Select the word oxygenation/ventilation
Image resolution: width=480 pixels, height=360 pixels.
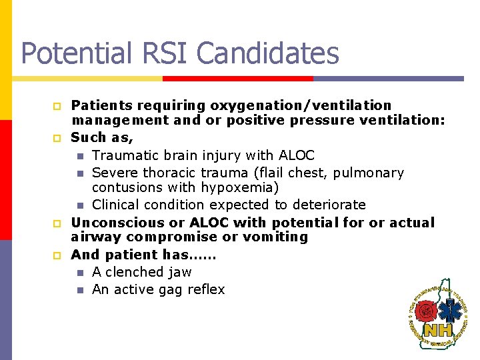point(301,105)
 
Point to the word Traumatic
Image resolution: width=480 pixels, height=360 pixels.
point(123,155)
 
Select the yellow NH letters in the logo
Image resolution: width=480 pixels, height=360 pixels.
point(438,329)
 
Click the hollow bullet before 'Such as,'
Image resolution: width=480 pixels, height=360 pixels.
point(57,139)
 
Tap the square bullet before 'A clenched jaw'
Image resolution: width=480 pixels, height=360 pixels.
point(80,273)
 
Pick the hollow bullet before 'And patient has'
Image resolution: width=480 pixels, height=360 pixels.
point(57,255)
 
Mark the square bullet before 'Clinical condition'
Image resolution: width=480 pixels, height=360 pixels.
point(80,205)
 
